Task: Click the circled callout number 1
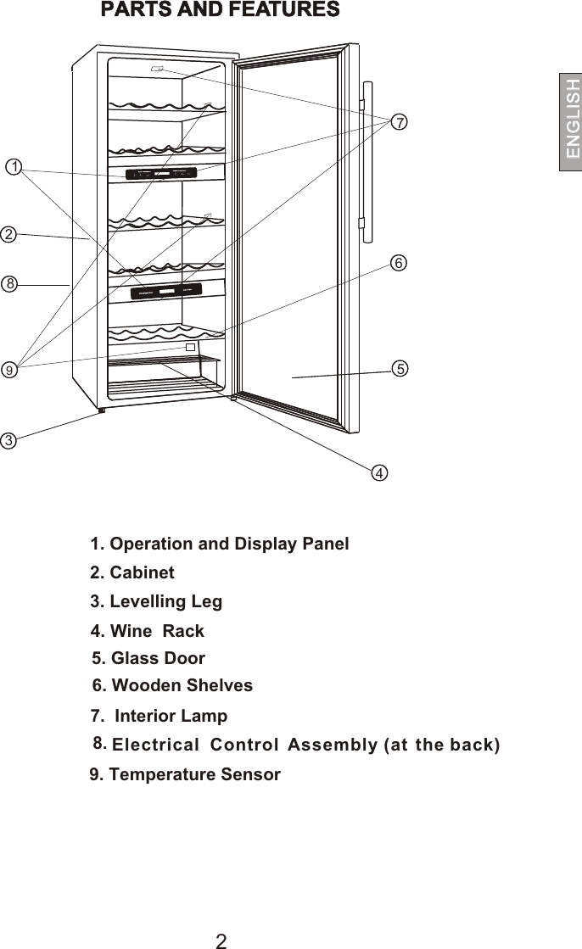[12, 165]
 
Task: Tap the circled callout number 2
[8, 233]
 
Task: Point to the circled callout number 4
[379, 472]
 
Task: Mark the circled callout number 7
[399, 122]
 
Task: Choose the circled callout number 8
[8, 284]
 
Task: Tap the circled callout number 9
[8, 370]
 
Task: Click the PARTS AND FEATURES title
[221, 11]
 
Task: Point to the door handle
[367, 161]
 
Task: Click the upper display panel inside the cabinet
[161, 174]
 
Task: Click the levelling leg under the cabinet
[101, 410]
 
